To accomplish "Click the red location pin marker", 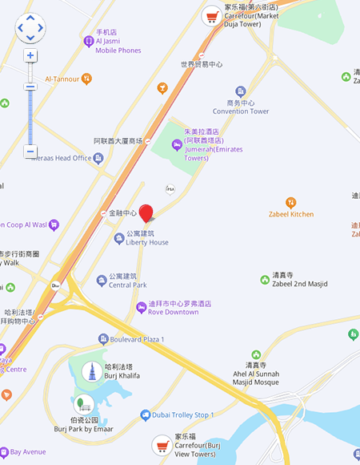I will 146,212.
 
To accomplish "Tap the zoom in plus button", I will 30,56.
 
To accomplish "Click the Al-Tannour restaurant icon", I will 87,79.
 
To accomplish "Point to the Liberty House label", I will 146,242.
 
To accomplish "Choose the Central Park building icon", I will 102,281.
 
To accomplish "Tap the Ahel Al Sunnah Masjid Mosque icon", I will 257,354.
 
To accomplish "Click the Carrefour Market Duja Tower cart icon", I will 211,15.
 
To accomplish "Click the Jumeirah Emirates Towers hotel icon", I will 178,145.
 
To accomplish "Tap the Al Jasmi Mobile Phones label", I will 118,50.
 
